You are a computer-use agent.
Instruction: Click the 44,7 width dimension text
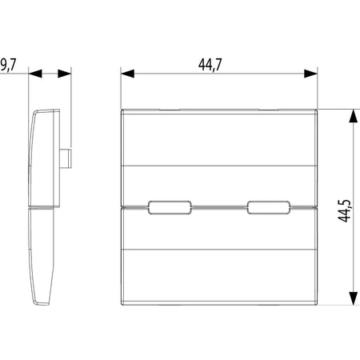pos(210,65)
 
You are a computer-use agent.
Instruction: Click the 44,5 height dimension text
pos(345,210)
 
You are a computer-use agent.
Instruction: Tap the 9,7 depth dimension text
pos(8,65)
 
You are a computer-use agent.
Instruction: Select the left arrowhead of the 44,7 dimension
pos(127,74)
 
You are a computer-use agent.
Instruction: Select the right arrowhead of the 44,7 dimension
pos(310,74)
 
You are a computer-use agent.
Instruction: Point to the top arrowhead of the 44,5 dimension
pos(354,116)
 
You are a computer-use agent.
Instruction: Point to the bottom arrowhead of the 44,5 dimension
pos(354,298)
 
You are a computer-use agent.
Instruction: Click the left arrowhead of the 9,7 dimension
pos(35,74)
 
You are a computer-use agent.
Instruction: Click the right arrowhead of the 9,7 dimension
pos(65,74)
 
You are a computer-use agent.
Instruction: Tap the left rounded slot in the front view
pos(170,207)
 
